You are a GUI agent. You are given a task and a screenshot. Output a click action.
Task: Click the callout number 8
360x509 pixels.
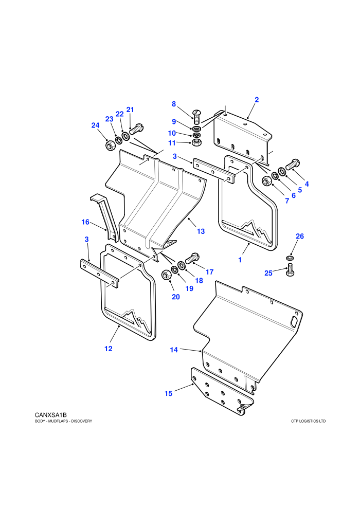coord(174,104)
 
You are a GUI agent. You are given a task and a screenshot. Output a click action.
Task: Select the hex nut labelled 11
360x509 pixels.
coord(196,142)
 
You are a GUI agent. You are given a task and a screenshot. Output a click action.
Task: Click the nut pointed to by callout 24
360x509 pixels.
coord(110,146)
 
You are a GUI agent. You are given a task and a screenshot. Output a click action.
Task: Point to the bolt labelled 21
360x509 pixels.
coord(136,129)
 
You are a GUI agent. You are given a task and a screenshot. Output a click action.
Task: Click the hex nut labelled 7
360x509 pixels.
coord(266,181)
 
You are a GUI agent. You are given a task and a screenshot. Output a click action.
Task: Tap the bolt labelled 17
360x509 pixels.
coord(192,259)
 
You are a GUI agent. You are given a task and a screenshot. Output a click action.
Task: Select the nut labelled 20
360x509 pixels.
coord(166,275)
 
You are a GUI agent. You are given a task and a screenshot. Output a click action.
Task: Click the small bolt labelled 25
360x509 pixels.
coord(290,270)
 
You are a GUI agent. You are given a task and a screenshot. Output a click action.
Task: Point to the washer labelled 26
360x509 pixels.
coord(290,258)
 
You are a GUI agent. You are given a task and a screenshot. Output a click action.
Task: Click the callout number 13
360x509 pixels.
coord(201,231)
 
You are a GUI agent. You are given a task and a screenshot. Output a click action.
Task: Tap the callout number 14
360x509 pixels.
coord(174,350)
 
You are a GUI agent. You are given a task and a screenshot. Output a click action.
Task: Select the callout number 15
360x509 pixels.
coord(169,393)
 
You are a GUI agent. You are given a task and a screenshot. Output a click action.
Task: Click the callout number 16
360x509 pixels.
coord(85,222)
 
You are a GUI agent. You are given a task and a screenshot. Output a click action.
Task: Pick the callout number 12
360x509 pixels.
coord(109,349)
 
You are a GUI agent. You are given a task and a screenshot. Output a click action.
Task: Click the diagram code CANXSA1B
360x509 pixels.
coord(50,415)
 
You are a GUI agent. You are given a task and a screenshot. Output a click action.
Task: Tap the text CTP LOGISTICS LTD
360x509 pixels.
coord(309,422)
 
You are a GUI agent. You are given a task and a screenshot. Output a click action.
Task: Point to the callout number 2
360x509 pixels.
coord(257,100)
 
